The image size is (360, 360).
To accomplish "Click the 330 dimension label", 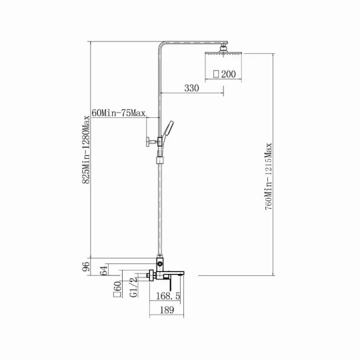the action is (x=192, y=88).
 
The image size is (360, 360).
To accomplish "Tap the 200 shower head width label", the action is (x=229, y=74).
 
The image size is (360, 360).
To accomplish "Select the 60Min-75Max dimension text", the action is (x=119, y=113).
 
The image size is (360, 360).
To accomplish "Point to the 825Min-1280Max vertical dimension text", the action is (x=86, y=149).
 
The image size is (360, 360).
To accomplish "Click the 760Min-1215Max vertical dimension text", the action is (x=268, y=176).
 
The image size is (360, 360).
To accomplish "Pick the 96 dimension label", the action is (x=86, y=267).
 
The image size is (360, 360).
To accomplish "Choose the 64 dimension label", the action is (x=103, y=270).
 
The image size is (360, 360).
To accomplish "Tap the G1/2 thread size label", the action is (x=133, y=287).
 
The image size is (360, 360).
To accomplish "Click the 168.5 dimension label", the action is (x=168, y=296).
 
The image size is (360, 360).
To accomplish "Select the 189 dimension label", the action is (x=167, y=310).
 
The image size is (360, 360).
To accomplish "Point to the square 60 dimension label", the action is (x=117, y=289).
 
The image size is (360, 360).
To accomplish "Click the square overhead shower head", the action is (x=223, y=53).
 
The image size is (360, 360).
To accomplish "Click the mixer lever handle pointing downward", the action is (x=171, y=285).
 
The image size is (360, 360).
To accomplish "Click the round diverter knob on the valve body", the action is (x=160, y=264).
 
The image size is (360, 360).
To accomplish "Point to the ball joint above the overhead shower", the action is (x=223, y=49).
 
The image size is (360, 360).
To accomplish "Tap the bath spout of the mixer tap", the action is (x=175, y=273).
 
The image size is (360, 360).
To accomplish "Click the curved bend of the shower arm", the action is (x=161, y=45).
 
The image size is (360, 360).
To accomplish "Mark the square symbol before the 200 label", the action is (x=216, y=74).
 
